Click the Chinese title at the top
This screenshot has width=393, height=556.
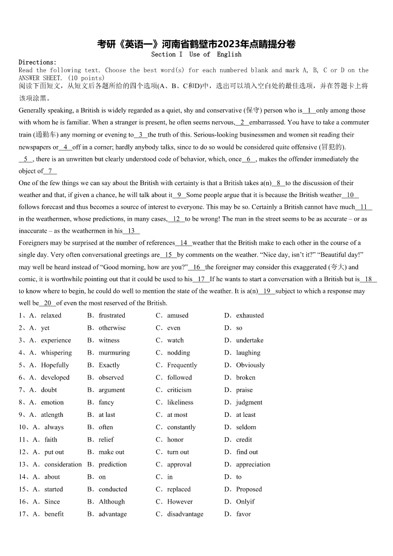(x=196, y=44)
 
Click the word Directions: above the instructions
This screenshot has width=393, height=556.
(x=38, y=62)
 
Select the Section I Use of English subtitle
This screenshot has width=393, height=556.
(x=196, y=54)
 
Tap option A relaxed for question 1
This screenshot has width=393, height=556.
(x=51, y=315)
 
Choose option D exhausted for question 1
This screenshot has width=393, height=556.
(x=249, y=315)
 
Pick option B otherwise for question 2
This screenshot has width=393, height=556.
(x=112, y=328)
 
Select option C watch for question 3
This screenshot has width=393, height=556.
(x=175, y=340)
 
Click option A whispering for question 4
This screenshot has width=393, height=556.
(x=56, y=353)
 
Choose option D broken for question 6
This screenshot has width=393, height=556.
(x=246, y=377)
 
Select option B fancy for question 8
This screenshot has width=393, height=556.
(x=106, y=402)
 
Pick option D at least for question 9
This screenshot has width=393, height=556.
(x=246, y=415)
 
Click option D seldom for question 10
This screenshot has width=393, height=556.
(x=246, y=427)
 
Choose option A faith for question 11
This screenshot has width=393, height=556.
(x=50, y=440)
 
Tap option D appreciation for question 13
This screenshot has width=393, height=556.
(x=253, y=464)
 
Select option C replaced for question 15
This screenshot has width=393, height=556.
(x=179, y=489)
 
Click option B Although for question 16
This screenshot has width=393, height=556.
(x=111, y=502)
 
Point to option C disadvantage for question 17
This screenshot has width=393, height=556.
(x=185, y=514)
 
